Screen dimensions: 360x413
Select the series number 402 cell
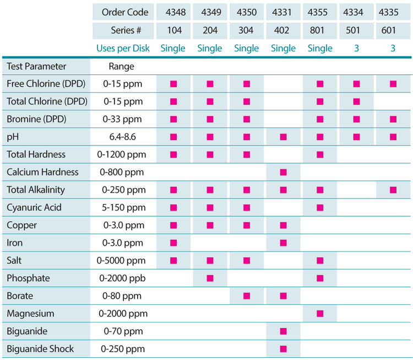click(284, 30)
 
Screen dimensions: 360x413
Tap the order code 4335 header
click(393, 12)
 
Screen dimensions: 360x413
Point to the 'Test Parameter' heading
click(36, 67)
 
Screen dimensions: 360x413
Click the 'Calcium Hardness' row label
click(42, 172)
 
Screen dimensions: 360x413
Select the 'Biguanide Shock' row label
click(40, 349)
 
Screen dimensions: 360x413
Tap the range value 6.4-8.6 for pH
click(124, 137)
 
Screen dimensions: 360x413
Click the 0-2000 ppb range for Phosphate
click(124, 278)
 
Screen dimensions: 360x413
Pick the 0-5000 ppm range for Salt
click(124, 260)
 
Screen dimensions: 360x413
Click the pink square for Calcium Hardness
click(284, 172)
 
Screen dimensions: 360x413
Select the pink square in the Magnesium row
click(320, 314)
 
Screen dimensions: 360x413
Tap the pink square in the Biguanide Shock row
click(284, 349)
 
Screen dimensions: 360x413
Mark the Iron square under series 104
click(173, 243)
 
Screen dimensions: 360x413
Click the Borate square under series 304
click(247, 296)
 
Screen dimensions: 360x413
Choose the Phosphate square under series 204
click(210, 278)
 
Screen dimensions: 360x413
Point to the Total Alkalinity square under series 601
click(393, 190)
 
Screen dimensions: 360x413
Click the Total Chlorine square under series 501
click(356, 101)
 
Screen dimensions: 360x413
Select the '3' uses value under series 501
click(356, 48)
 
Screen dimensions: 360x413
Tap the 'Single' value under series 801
click(320, 48)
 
